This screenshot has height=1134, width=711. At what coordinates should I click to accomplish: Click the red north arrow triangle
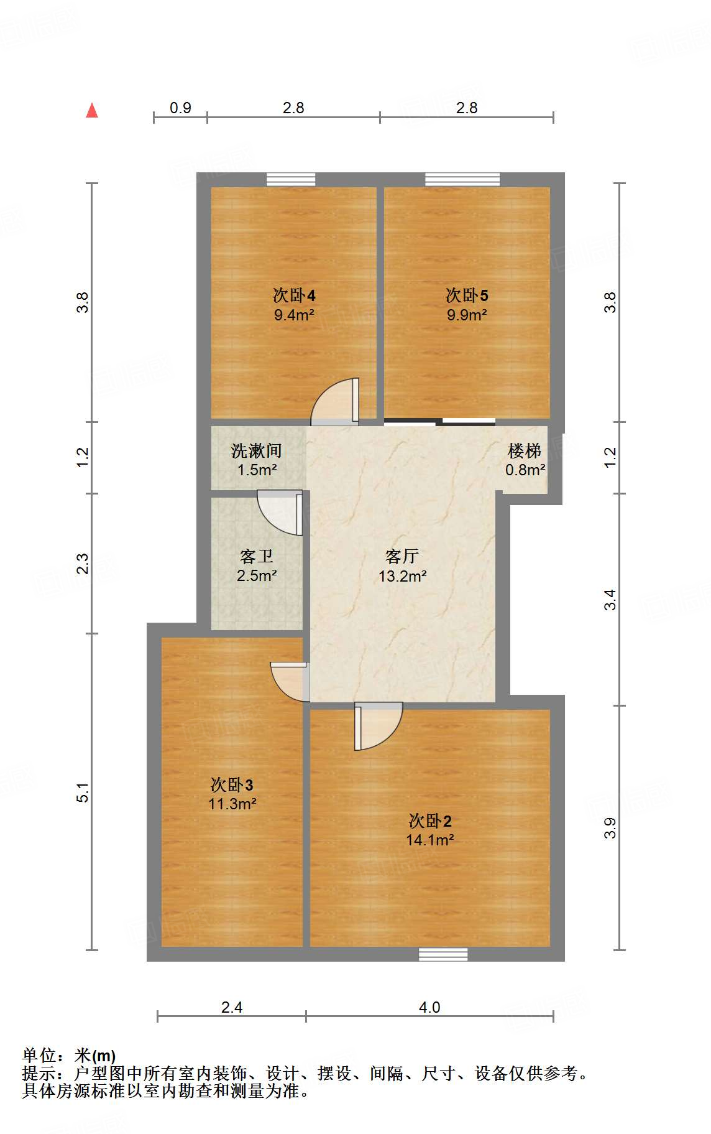pos(92,111)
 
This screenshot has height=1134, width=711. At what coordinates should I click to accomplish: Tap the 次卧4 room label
pos(294,295)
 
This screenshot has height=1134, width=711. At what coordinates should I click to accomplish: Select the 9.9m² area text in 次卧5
pos(467,315)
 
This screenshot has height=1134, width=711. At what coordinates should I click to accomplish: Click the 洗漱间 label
pos(256,450)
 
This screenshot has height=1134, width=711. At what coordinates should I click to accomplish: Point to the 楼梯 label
pos(524,450)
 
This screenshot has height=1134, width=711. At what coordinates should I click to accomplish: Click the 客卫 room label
pos(256,556)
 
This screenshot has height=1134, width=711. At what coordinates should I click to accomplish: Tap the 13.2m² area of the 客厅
pos(402,576)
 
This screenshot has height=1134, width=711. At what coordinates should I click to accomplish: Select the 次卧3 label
pos(231,784)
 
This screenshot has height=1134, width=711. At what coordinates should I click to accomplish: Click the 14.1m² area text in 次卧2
pos(429,840)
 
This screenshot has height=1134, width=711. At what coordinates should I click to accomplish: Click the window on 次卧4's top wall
pos(291,180)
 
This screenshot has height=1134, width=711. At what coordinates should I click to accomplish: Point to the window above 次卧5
pos(462,180)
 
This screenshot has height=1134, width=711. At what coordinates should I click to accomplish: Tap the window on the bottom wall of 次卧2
pos(443,954)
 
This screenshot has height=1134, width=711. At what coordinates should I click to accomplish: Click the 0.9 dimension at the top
pos(180,108)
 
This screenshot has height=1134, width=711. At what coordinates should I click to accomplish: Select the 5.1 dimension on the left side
pos(83,792)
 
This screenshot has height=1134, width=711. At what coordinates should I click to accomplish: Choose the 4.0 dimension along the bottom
pos(429,1007)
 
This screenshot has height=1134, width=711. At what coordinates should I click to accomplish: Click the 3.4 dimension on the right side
pos(610,599)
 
